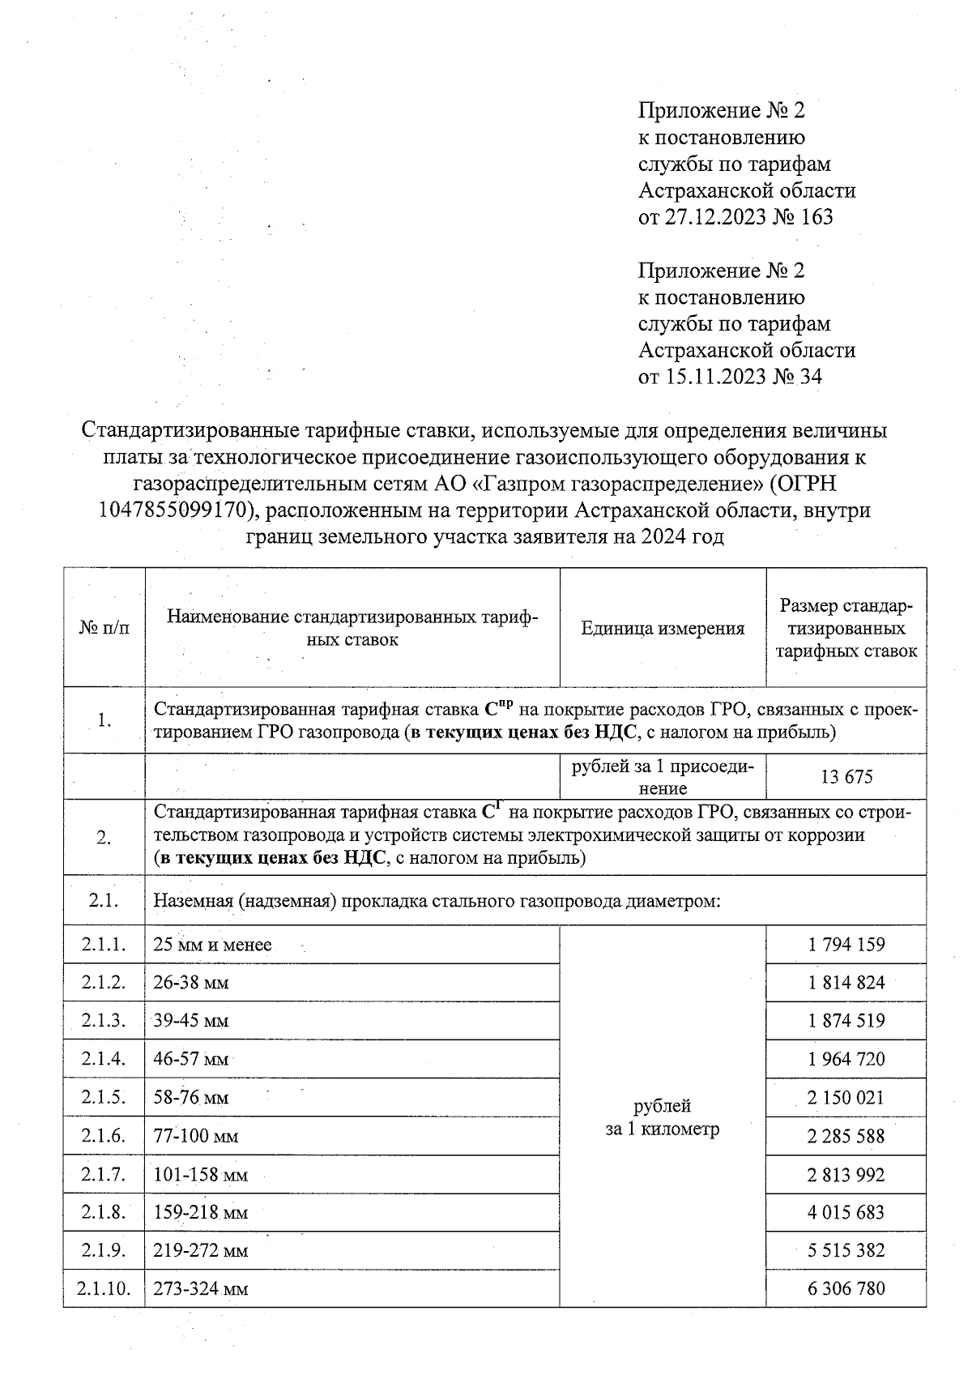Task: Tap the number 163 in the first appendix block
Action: pos(816,217)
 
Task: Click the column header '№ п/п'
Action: pos(104,628)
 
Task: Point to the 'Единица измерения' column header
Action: pos(662,628)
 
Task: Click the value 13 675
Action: pos(846,777)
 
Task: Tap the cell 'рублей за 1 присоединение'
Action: pos(662,777)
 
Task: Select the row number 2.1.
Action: pos(104,899)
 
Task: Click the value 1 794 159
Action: pos(846,944)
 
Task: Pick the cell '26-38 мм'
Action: pos(191,983)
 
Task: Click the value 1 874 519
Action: pos(846,1021)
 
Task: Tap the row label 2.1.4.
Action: pos(104,1059)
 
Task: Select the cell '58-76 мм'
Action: pos(191,1098)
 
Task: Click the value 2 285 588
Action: pos(846,1136)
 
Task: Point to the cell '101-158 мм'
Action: pos(200,1175)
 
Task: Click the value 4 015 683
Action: pos(846,1213)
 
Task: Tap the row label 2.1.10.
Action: pos(104,1288)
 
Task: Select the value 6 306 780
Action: pos(846,1288)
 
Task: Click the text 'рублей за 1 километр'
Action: pos(662,1117)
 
